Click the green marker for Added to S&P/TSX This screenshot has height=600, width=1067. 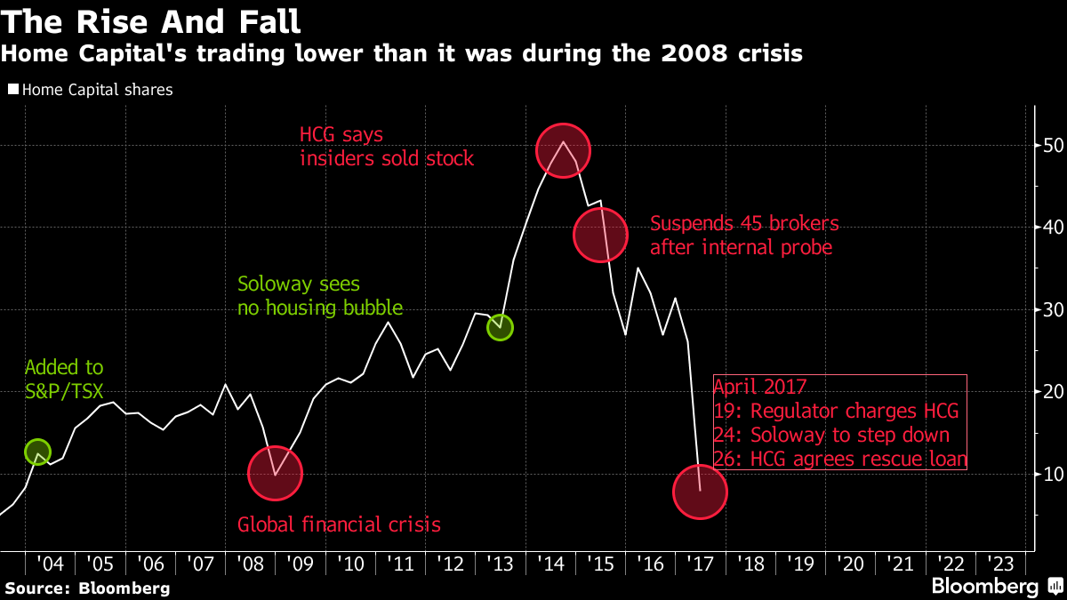click(36, 452)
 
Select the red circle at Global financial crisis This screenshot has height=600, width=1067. click(276, 474)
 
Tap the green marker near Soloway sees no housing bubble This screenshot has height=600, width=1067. click(501, 327)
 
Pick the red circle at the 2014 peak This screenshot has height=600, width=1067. click(563, 150)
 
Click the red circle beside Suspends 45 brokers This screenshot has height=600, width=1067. click(602, 234)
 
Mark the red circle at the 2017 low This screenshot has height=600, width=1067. click(700, 491)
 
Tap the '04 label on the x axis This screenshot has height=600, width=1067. click(50, 564)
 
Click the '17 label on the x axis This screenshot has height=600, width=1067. click(702, 564)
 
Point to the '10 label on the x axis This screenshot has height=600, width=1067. click(350, 564)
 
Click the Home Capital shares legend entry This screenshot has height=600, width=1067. click(89, 90)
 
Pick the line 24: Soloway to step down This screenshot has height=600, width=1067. click(832, 436)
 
